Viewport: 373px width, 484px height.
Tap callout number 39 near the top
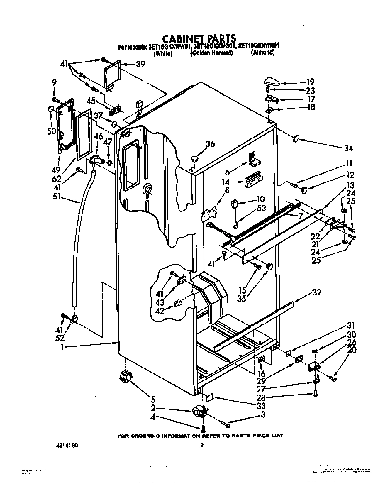(x=140, y=64)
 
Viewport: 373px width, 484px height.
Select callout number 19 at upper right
(x=311, y=82)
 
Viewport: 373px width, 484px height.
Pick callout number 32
(x=317, y=292)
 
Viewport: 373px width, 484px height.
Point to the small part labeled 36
(x=194, y=159)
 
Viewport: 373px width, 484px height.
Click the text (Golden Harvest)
(x=211, y=53)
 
